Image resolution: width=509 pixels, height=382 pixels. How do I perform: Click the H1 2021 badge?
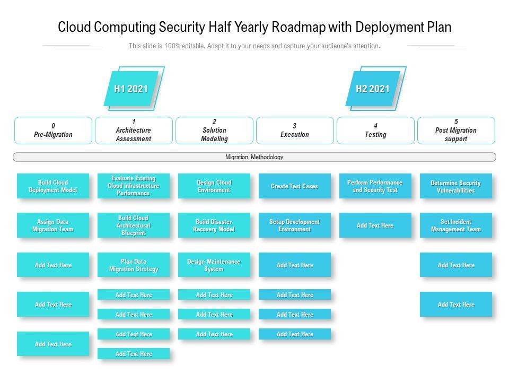click(131, 89)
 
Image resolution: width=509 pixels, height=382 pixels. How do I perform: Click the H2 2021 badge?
click(373, 89)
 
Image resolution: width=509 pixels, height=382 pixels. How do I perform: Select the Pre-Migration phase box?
click(53, 131)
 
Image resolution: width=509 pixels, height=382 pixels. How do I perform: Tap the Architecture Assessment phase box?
click(134, 131)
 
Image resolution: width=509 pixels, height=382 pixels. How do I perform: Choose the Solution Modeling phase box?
click(214, 131)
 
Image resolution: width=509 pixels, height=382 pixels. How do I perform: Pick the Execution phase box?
click(295, 131)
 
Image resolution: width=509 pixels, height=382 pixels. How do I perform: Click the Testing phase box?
click(375, 131)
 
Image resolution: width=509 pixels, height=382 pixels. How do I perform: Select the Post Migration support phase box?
click(456, 131)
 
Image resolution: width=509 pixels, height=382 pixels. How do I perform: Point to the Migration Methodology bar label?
click(254, 157)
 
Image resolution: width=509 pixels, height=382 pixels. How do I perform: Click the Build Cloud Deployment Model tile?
click(53, 186)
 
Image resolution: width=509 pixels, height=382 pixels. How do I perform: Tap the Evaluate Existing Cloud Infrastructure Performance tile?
click(134, 186)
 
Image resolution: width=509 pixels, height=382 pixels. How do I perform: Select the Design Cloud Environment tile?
click(214, 186)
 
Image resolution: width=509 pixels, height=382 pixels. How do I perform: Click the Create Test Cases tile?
click(295, 186)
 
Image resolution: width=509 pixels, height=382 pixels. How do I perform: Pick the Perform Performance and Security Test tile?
click(375, 186)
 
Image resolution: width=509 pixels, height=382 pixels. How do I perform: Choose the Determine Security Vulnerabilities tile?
click(456, 186)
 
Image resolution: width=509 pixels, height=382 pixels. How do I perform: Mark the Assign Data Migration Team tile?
click(53, 225)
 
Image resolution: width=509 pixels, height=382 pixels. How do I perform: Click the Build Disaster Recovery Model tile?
click(214, 225)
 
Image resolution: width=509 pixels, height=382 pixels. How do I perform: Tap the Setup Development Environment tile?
click(295, 225)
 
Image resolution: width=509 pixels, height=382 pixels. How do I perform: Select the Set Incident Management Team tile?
click(456, 225)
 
